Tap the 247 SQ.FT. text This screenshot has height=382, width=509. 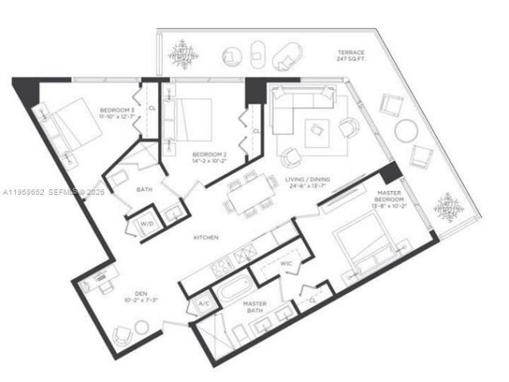[350, 61]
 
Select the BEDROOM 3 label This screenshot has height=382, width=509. [115, 110]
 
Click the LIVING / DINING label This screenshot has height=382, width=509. [308, 180]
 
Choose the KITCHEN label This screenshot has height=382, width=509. [206, 238]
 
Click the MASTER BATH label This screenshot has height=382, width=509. [254, 306]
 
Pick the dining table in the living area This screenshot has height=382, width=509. [250, 193]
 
